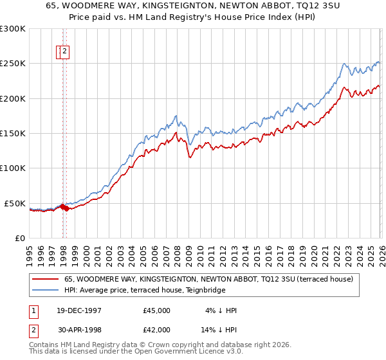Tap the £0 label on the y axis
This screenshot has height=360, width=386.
click(19, 238)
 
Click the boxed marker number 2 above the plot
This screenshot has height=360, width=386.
click(66, 53)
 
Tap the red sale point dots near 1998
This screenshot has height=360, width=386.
click(65, 208)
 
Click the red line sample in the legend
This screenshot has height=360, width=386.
click(45, 280)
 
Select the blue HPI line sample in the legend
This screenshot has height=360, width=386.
click(45, 290)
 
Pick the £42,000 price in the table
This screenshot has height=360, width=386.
click(157, 330)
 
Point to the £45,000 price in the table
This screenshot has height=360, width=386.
click(157, 310)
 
